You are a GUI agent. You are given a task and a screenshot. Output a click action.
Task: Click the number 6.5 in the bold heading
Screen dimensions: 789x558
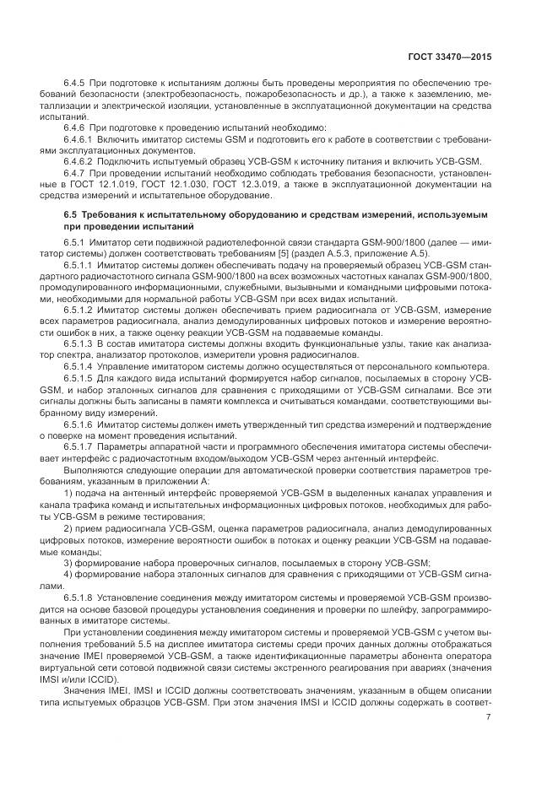pyautogui.click(x=71, y=216)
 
